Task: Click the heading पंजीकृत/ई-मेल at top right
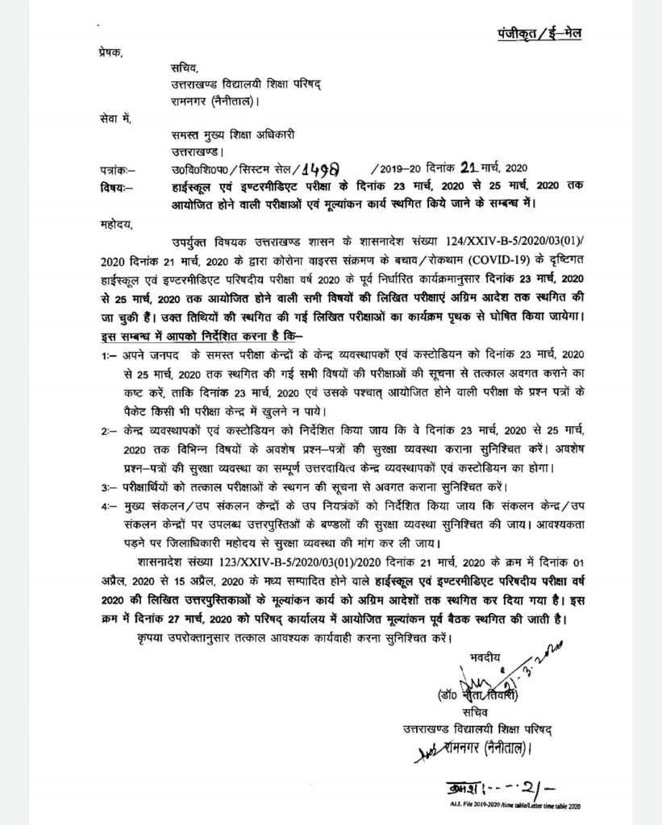coord(539,33)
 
